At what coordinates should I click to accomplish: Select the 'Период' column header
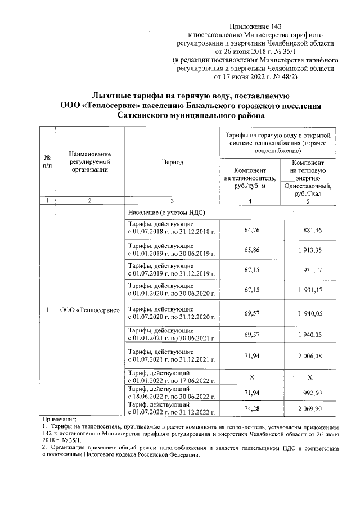point(172,162)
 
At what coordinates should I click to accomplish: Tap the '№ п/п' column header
point(48,161)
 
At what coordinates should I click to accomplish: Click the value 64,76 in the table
point(255,230)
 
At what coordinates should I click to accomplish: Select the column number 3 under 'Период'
point(172,201)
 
